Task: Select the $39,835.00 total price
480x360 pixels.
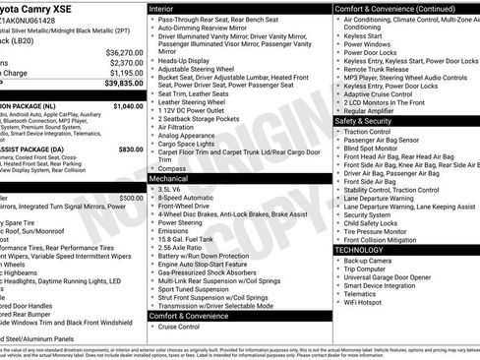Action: coord(124,85)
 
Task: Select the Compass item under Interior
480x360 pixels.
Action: coord(172,168)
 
